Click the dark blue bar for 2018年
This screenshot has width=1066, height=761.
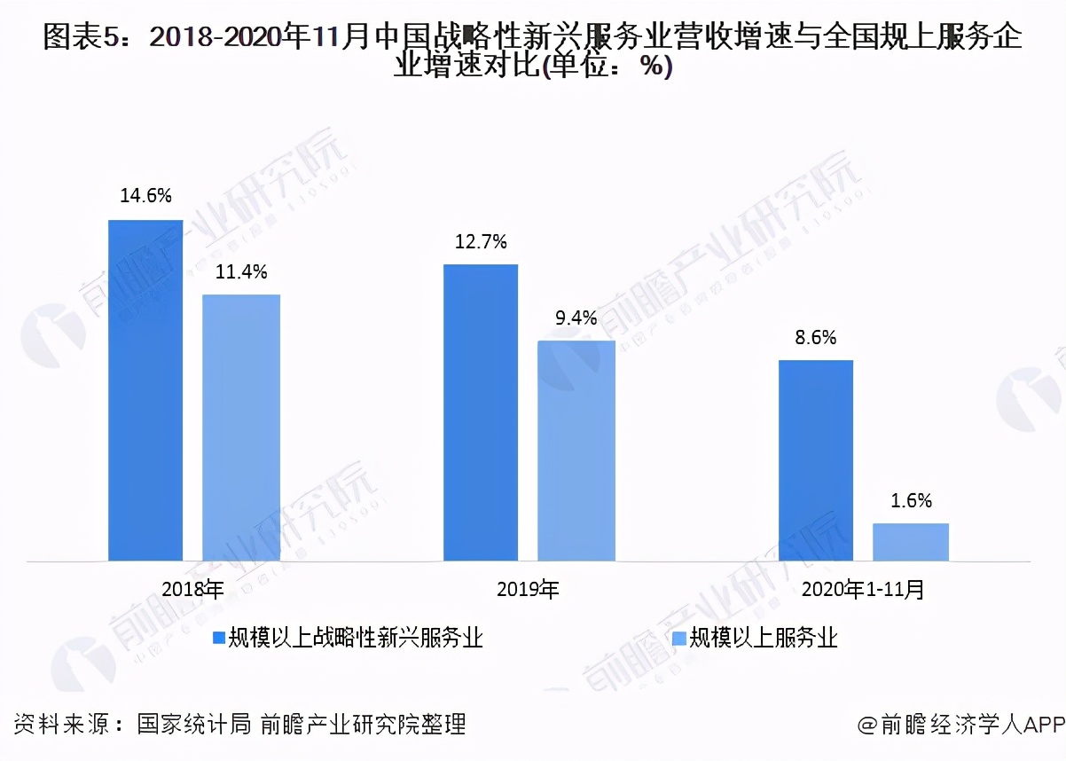pos(145,390)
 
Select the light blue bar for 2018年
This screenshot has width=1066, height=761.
pos(241,428)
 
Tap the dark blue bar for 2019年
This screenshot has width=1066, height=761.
pos(481,412)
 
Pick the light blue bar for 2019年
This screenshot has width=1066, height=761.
pos(576,451)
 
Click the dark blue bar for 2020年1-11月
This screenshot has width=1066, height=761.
pos(816,460)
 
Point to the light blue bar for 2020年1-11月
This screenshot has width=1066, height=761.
pos(911,542)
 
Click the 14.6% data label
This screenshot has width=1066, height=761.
pos(145,197)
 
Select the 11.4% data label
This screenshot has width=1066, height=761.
pos(241,272)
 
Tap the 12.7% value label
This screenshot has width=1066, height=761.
pos(481,241)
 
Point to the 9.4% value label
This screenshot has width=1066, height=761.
pos(576,318)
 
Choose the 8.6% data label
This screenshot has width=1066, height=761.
pos(816,338)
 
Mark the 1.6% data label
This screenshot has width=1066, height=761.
pos(911,501)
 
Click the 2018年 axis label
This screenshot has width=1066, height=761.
pos(193,590)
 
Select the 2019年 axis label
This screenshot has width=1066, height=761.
pos(529,590)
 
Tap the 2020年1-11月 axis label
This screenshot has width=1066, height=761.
pos(863,590)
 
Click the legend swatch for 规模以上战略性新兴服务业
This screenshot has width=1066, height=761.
pos(217,637)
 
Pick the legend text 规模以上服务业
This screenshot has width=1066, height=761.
pos(764,637)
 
